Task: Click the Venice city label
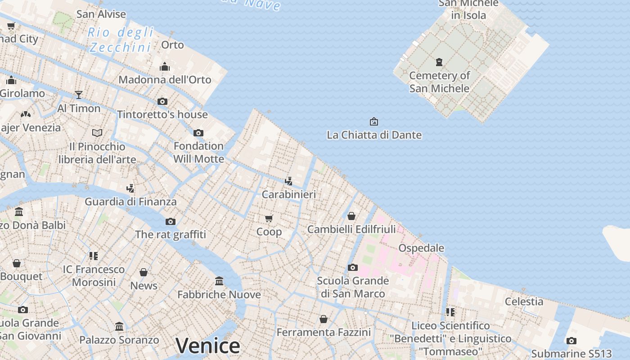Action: point(207,346)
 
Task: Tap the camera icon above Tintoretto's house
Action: point(162,101)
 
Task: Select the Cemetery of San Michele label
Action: point(439,82)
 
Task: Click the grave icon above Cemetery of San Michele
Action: point(439,62)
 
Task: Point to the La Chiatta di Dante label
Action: point(374,135)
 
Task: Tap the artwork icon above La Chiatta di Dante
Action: point(373,121)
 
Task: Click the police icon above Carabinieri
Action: point(289,181)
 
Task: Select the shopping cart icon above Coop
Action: point(269,219)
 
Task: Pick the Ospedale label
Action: point(421,248)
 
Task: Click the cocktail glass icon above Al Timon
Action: point(79,94)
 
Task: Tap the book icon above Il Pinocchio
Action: point(97,133)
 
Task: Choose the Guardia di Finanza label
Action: point(130,202)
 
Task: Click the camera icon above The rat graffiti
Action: point(170,221)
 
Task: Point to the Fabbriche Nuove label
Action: point(219,294)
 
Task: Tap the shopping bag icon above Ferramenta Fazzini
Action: point(323,319)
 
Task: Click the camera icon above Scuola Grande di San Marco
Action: point(353,267)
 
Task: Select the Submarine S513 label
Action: point(571,353)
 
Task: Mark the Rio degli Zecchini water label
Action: point(121,40)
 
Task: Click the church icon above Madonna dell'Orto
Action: point(165,67)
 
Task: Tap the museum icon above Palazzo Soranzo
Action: point(119,326)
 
